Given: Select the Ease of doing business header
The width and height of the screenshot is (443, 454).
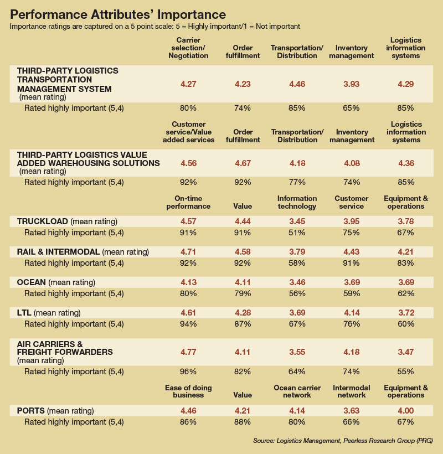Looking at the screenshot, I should (x=188, y=391).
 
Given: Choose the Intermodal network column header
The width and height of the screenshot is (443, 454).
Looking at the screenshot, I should (x=351, y=391).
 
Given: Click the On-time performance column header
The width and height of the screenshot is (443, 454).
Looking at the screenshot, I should (x=188, y=203).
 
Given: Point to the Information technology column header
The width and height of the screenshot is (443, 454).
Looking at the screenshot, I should (x=297, y=203).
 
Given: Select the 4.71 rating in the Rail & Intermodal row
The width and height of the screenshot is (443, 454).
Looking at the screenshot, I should (x=188, y=252).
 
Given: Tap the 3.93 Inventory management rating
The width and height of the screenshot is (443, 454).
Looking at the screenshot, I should (x=351, y=84).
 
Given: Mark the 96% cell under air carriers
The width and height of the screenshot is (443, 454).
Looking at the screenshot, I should (x=188, y=372).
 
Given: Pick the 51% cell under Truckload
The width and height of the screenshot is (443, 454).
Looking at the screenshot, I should (x=297, y=233).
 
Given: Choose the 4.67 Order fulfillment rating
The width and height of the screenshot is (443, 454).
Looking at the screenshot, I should (x=243, y=163).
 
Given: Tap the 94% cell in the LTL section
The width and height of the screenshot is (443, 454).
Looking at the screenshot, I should (x=188, y=324).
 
